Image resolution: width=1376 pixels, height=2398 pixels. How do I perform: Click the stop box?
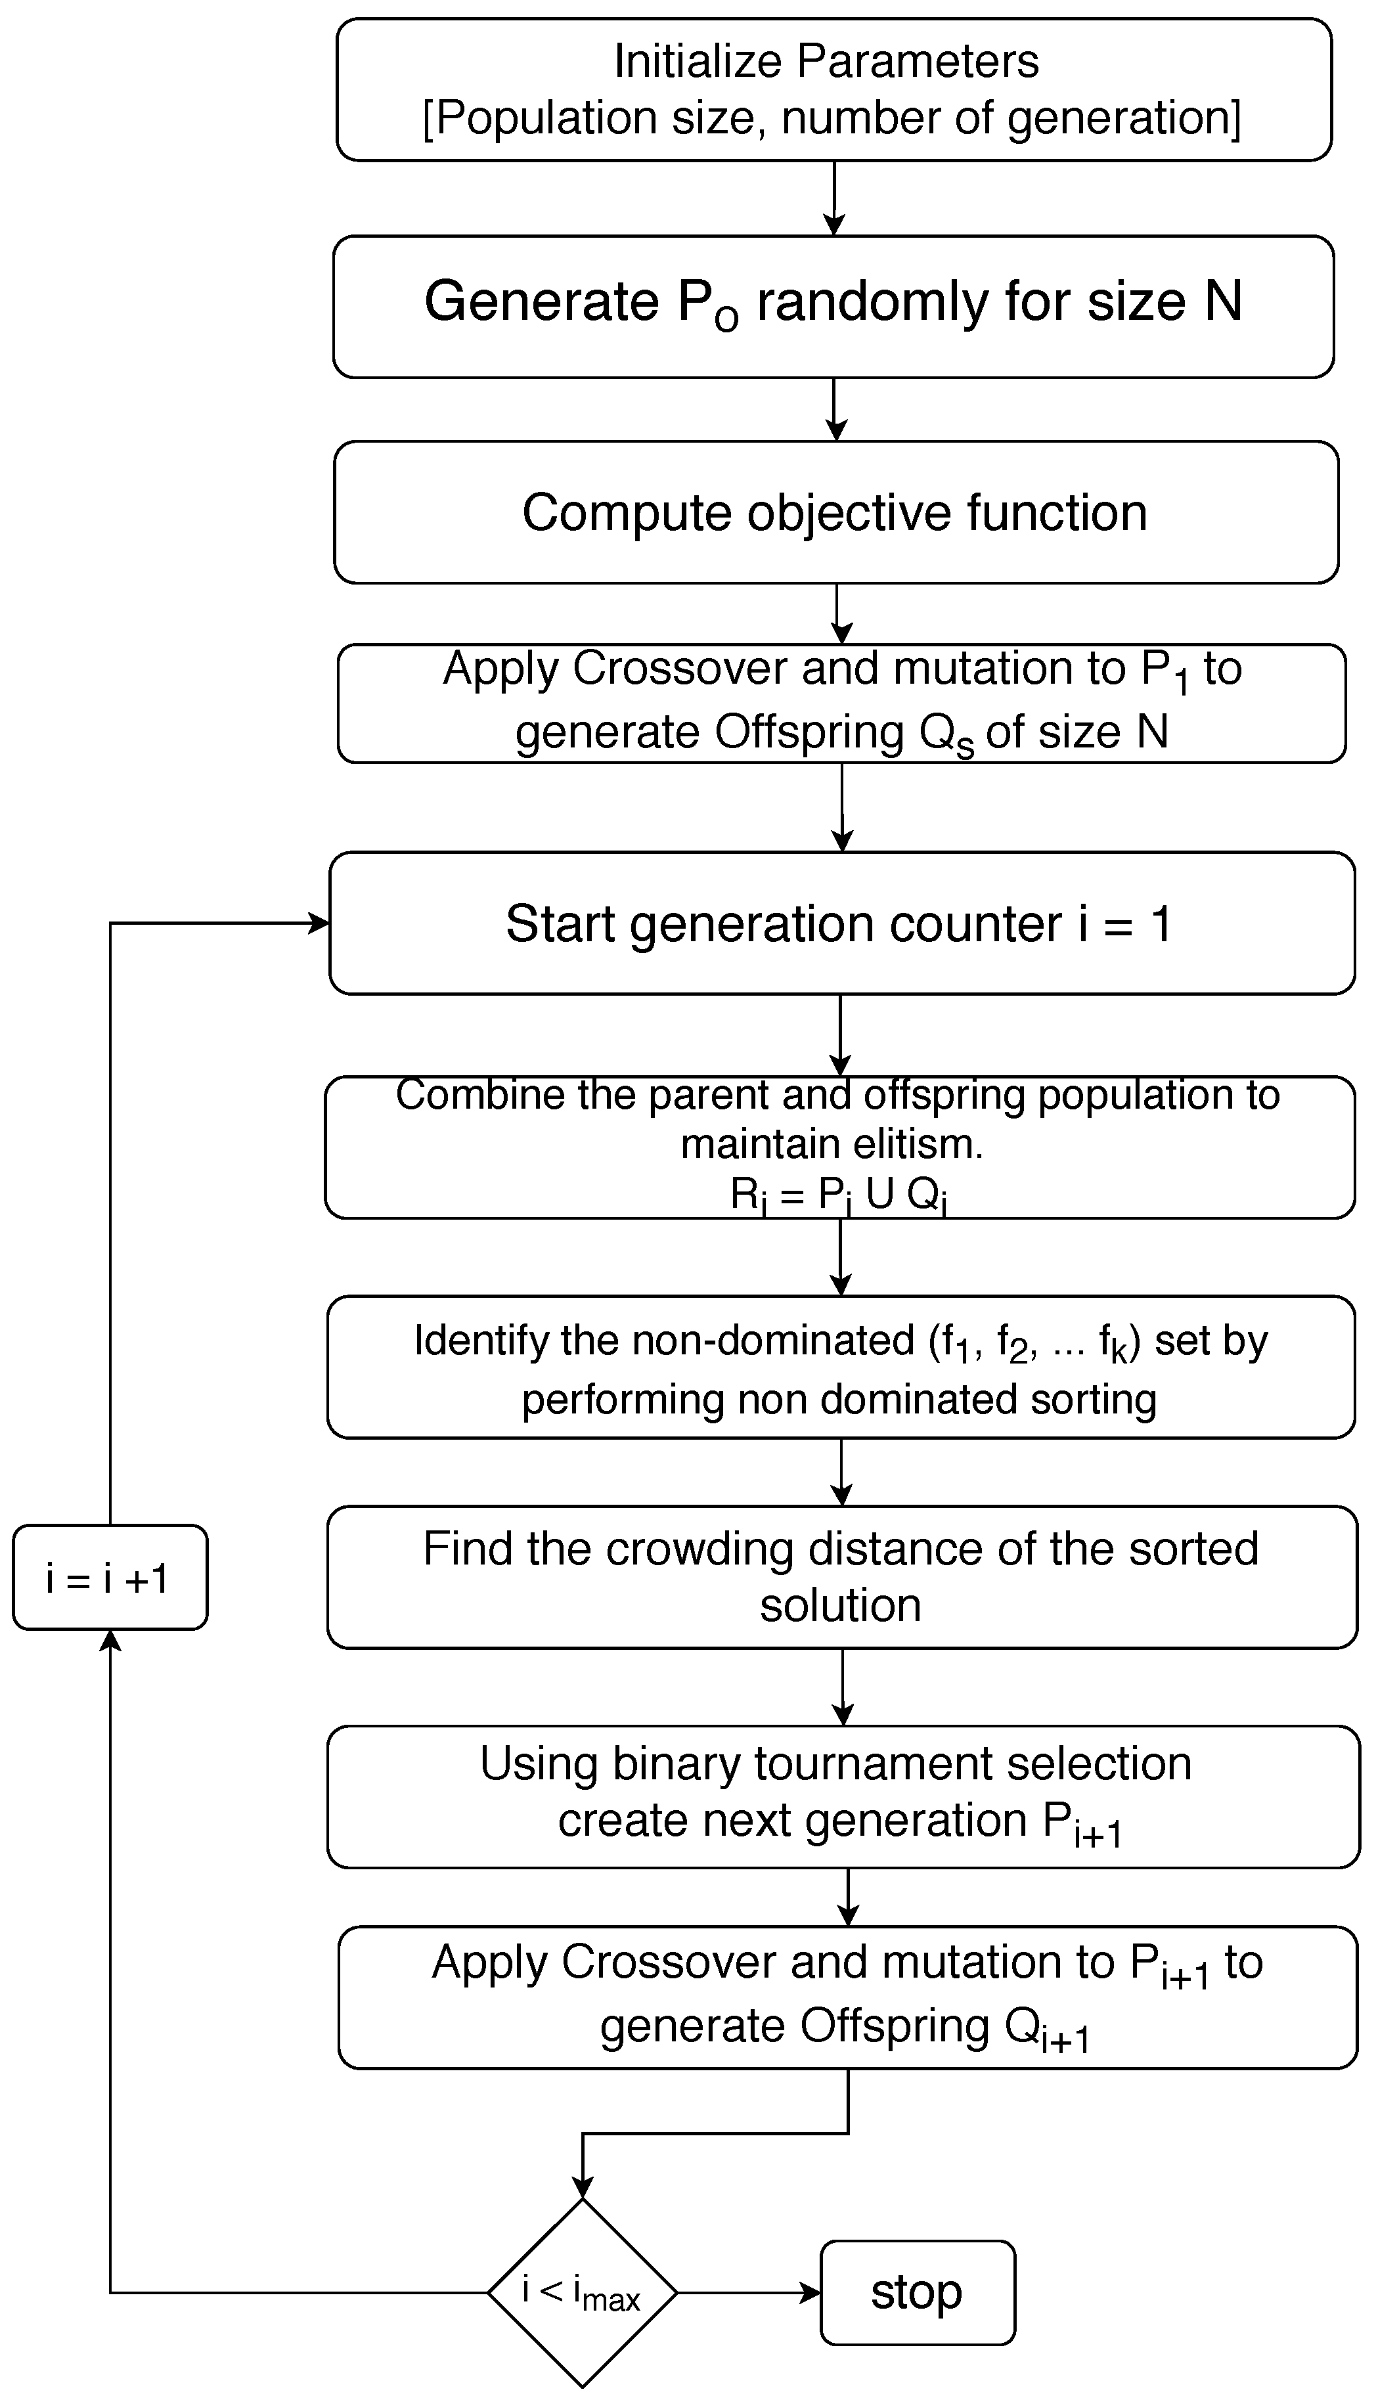tap(917, 2292)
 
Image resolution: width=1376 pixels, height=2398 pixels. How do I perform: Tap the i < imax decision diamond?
tap(582, 2292)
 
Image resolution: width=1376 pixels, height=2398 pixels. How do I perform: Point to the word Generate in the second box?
tap(541, 302)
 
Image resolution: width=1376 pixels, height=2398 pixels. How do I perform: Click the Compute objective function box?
tap(835, 513)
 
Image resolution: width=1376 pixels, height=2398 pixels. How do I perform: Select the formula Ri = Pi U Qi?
tap(838, 1196)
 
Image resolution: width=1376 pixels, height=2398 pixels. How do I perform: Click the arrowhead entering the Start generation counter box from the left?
tap(319, 923)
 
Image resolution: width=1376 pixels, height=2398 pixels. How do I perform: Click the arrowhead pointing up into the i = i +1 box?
tap(110, 1641)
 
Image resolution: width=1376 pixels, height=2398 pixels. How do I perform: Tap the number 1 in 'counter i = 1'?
tap(1161, 924)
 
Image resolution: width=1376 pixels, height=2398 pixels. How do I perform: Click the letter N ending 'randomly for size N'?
tap(1223, 302)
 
